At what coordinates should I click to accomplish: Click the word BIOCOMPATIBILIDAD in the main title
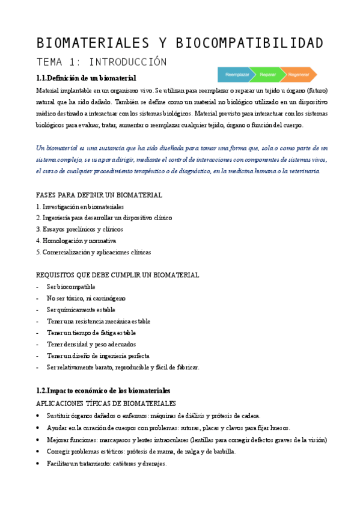[249, 43]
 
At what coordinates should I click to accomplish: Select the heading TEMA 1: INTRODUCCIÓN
[101, 63]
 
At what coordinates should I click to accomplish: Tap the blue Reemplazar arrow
[233, 75]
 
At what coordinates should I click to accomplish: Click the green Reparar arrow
[268, 75]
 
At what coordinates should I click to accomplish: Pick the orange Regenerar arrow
[299, 75]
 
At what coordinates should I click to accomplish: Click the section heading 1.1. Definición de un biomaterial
[86, 78]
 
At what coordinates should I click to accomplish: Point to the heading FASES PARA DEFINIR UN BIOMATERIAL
[99, 195]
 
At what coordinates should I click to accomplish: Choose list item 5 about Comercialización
[93, 251]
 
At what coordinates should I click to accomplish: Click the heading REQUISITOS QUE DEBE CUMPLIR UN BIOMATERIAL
[117, 275]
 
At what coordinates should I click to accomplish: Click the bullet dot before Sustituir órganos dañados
[38, 416]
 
